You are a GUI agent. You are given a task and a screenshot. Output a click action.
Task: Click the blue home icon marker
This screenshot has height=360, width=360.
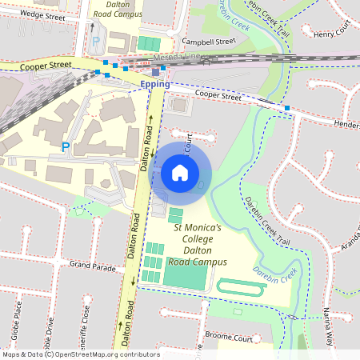[180, 171]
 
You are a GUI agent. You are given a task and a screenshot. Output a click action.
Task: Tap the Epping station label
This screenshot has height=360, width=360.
[154, 83]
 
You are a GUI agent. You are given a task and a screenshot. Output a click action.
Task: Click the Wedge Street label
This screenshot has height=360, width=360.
[42, 14]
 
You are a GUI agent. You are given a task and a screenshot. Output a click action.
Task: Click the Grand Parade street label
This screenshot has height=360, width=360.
[94, 263]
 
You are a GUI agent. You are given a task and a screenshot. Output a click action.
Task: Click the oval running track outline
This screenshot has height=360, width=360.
[241, 288]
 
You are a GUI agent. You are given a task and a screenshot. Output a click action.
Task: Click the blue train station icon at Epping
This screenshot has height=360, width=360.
[155, 72]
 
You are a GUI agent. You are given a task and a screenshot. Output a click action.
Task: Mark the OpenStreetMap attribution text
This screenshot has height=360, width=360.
[80, 354]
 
